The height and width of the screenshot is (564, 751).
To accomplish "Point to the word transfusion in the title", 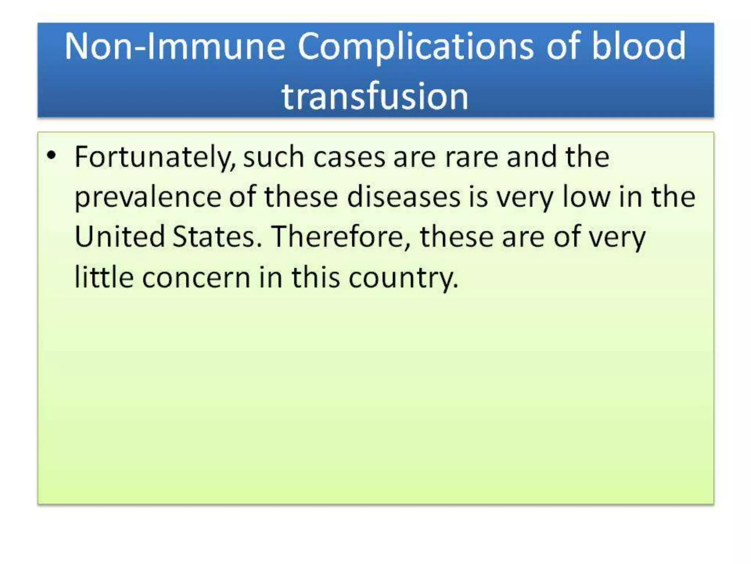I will pyautogui.click(x=375, y=96).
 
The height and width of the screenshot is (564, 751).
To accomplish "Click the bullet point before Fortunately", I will pyautogui.click(x=51, y=156).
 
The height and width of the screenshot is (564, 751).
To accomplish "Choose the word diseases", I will pyautogui.click(x=403, y=197).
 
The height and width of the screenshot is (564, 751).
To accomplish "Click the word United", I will pyautogui.click(x=120, y=237).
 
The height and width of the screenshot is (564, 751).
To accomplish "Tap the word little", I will pyautogui.click(x=104, y=277).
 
